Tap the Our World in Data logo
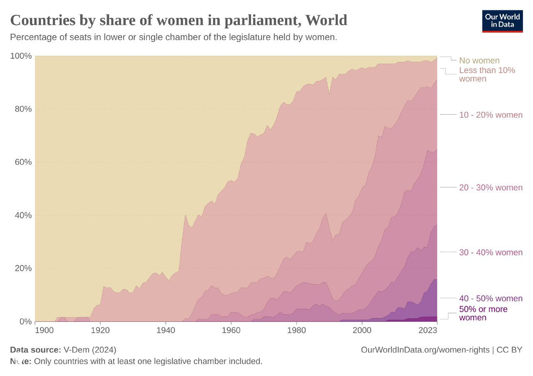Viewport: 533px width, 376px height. click(x=502, y=21)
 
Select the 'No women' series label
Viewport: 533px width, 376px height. click(x=479, y=60)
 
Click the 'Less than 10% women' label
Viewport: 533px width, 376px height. click(x=487, y=74)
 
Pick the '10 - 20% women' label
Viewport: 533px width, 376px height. click(x=491, y=115)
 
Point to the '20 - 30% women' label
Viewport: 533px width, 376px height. click(x=491, y=188)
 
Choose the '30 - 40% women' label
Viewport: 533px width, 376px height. click(x=491, y=252)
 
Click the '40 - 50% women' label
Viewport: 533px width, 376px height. click(x=491, y=298)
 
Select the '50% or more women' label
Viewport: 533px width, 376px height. click(x=483, y=314)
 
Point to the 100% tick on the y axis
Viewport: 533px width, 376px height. click(x=21, y=56)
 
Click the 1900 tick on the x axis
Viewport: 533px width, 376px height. click(x=44, y=330)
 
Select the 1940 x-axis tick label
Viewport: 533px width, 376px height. click(x=166, y=330)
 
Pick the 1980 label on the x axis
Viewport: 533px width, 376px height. click(x=296, y=330)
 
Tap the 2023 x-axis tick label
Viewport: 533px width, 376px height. click(x=428, y=330)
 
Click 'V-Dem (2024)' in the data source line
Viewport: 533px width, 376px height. click(x=90, y=350)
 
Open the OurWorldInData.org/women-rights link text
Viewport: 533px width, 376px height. click(x=425, y=350)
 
